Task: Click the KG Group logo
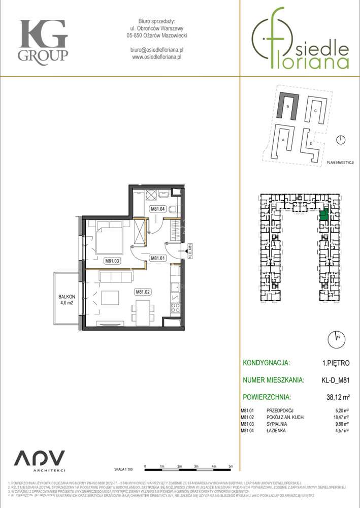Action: [x=43, y=40]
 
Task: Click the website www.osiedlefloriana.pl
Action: [x=156, y=57]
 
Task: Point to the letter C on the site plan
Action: [x=315, y=111]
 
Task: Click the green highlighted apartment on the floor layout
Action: [x=323, y=214]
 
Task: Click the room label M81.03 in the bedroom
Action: [x=111, y=261]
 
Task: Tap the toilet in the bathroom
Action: [x=173, y=209]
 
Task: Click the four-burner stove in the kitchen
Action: [x=175, y=307]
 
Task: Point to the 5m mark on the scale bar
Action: [x=231, y=466]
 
